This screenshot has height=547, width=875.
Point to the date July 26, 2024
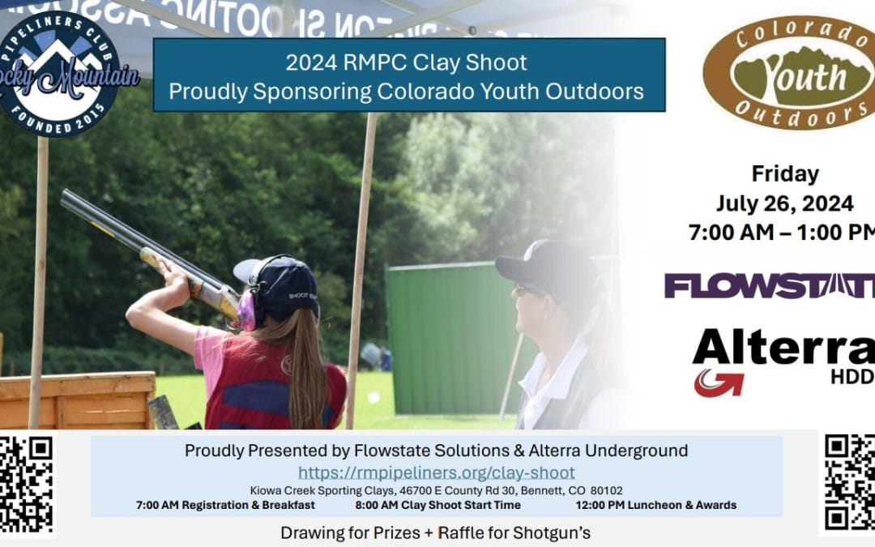tap(783, 203)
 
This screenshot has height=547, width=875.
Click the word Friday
tap(784, 173)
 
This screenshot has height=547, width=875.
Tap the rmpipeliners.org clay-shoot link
tap(436, 472)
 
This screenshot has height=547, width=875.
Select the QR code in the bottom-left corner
tap(26, 485)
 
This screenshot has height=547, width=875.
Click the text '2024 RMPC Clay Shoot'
tap(406, 62)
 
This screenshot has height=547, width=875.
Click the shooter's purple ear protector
tap(247, 310)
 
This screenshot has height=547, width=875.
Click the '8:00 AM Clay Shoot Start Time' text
tap(437, 505)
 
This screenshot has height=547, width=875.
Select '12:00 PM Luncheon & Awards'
tap(655, 505)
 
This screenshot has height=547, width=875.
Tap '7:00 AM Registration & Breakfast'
tap(225, 505)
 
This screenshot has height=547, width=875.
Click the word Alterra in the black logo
tap(783, 348)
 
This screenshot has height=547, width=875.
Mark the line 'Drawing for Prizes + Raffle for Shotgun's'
tap(436, 533)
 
